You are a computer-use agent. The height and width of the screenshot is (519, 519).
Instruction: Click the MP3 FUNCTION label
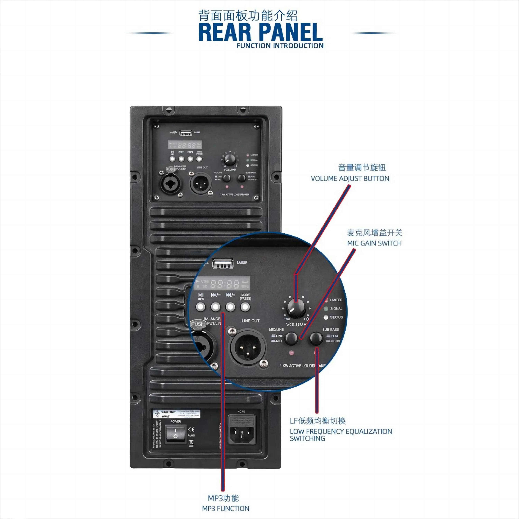pos(226,508)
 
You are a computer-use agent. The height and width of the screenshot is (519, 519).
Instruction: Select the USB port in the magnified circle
pos(222,263)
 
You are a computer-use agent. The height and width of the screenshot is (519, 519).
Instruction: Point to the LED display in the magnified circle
pos(222,283)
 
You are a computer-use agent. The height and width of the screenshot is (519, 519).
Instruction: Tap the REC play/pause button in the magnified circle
pos(200,307)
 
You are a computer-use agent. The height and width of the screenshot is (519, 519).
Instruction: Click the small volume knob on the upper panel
pos(230,160)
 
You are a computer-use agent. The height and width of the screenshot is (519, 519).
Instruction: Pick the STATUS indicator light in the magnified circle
pos(326,317)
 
